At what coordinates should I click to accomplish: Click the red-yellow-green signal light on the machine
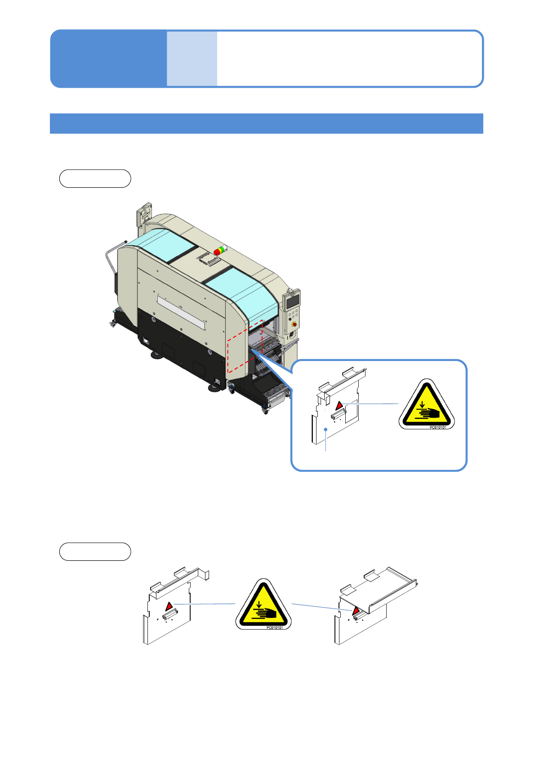[220, 250]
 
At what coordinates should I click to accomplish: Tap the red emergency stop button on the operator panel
[294, 325]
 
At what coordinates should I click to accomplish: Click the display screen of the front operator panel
[292, 301]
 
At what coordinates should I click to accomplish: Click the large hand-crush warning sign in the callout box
[427, 404]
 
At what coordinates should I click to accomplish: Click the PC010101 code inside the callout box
[437, 428]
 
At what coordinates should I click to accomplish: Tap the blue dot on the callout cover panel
[325, 429]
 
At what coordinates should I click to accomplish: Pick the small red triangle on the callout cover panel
[339, 405]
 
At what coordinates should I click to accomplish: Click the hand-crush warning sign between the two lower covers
[263, 605]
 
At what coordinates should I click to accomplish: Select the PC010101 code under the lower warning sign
[274, 628]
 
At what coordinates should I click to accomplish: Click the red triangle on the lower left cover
[169, 606]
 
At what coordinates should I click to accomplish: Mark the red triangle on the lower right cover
[356, 610]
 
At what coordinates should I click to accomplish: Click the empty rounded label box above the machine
[95, 179]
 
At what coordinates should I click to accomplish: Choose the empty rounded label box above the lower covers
[95, 552]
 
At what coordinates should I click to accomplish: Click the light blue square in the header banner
[192, 59]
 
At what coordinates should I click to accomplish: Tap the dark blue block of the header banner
[108, 59]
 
